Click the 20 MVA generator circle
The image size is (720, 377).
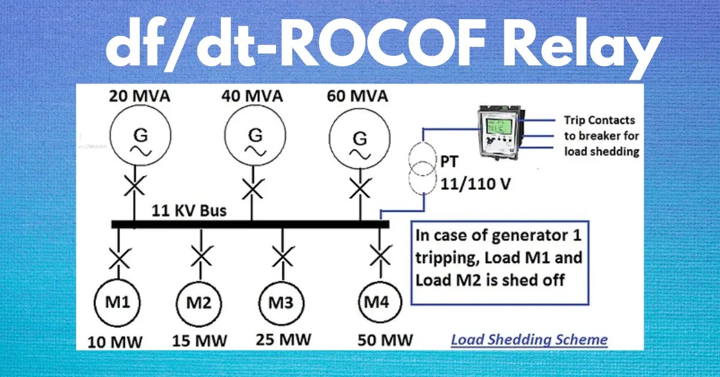click(x=137, y=142)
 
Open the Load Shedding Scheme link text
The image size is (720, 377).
click(x=529, y=340)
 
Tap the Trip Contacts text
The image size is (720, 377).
click(x=599, y=120)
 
